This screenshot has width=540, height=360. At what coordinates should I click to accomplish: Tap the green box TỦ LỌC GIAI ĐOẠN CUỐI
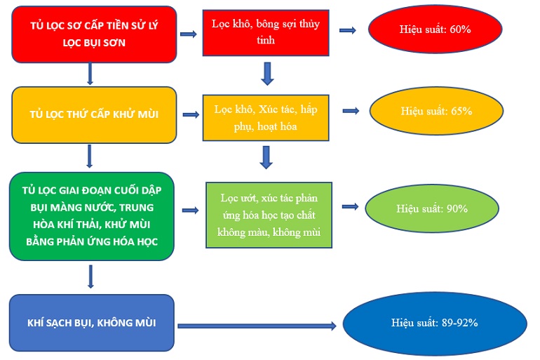point(91,216)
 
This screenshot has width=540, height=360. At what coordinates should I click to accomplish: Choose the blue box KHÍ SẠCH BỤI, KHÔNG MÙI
point(91,323)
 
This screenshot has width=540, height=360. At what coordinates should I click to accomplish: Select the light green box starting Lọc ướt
point(269,213)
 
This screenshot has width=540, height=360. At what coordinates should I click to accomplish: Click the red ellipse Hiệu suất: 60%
point(435,30)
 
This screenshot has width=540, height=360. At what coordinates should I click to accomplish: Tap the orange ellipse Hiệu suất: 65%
point(436,112)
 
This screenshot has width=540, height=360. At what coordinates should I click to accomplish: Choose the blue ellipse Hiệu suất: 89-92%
point(435,324)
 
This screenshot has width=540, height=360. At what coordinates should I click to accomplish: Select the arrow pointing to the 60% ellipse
point(347,30)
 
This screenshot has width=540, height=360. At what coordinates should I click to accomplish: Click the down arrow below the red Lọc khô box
point(266,73)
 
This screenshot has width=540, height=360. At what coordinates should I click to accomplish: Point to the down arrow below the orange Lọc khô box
point(266,156)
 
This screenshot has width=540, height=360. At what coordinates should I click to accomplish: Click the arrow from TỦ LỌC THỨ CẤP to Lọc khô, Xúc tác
point(189,114)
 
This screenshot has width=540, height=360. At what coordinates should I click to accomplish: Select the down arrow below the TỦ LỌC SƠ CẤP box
point(90,74)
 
